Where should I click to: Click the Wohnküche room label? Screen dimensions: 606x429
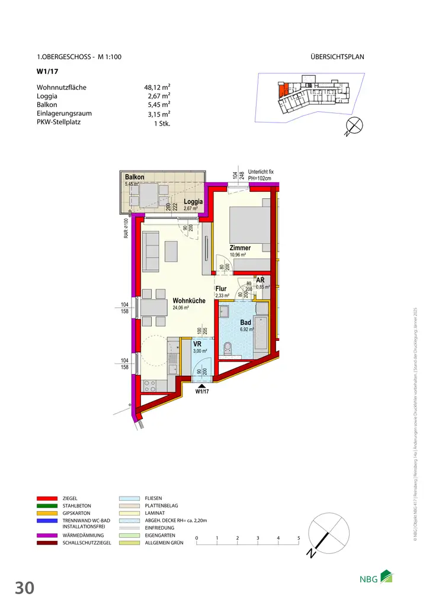pos(189,301)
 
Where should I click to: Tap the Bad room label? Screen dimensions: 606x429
pos(245,323)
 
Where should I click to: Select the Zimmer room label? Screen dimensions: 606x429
pos(240,248)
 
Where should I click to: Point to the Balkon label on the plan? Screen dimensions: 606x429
pos(135,177)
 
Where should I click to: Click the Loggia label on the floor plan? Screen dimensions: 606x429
pos(193,201)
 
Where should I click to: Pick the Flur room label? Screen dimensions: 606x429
pos(221,289)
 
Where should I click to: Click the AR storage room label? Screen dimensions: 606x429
pos(260,280)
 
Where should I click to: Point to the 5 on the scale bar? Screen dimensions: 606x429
pos(299,537)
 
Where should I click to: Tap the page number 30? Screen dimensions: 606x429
pos(25,588)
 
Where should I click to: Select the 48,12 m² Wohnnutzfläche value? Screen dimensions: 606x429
pos(153,88)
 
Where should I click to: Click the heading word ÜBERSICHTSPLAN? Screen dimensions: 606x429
pos(337,57)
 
